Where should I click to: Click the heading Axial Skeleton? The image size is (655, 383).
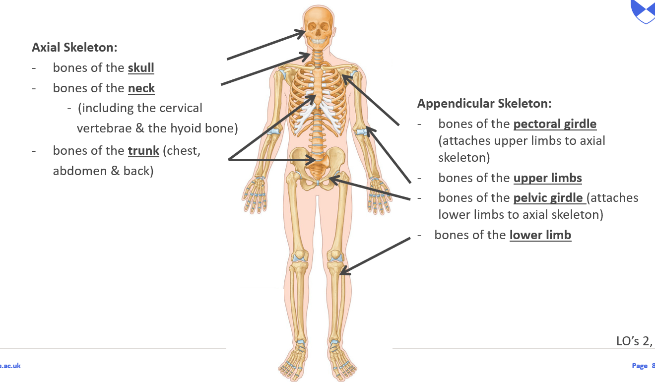tap(74, 48)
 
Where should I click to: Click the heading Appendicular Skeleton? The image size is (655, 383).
tap(484, 104)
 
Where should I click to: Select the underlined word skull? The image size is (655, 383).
tap(141, 68)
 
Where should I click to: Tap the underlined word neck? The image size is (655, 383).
tap(141, 88)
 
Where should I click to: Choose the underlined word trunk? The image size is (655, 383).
tap(143, 150)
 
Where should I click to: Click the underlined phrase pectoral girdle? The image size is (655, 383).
tap(555, 124)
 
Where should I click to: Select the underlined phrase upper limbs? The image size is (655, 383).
tap(548, 178)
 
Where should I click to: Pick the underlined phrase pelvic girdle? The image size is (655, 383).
tap(548, 198)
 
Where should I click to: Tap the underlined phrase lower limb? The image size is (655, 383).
tap(540, 235)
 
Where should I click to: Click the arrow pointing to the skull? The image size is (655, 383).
tap(265, 45)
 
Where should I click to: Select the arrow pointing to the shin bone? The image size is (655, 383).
tap(376, 255)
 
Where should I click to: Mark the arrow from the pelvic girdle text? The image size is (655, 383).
tap(370, 189)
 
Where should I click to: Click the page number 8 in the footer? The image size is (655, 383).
tap(653, 366)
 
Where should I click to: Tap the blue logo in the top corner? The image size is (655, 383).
tap(644, 10)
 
